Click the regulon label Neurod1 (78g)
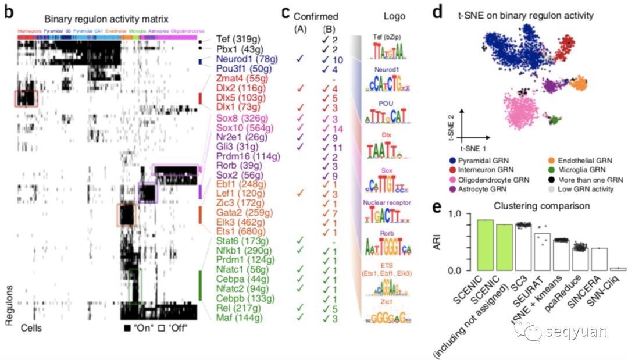click(x=240, y=59)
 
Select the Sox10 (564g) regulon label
click(x=239, y=128)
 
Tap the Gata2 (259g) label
click(x=238, y=213)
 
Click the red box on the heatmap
click(x=26, y=98)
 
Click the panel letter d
click(x=437, y=12)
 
